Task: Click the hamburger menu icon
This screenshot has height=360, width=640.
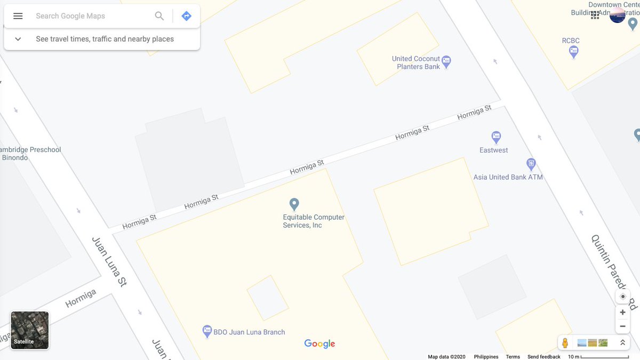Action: (x=18, y=16)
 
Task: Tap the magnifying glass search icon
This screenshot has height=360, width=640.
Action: (x=159, y=16)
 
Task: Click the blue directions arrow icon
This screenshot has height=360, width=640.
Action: (x=186, y=16)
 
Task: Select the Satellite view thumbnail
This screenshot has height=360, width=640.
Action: (x=30, y=330)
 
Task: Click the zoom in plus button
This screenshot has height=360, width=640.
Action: (x=622, y=313)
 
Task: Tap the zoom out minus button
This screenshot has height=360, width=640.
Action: (x=622, y=326)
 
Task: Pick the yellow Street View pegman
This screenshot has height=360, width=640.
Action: (x=565, y=343)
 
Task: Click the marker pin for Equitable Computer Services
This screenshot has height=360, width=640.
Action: (x=294, y=204)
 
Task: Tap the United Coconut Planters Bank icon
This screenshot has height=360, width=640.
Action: (x=447, y=62)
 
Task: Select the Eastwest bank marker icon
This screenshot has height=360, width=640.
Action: (x=496, y=137)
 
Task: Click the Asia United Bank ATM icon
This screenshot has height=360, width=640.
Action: (x=531, y=164)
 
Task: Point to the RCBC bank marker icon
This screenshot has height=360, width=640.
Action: (x=574, y=52)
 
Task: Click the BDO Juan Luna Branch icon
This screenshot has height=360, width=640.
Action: (x=207, y=332)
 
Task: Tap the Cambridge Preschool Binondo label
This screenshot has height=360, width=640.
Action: (x=29, y=154)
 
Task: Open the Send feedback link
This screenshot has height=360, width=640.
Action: (x=543, y=357)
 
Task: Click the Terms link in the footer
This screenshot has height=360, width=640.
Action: (x=513, y=357)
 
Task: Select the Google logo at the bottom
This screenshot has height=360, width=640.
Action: (x=319, y=344)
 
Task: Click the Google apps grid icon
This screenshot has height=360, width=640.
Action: (x=595, y=15)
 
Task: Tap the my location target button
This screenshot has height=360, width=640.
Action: (x=622, y=297)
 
